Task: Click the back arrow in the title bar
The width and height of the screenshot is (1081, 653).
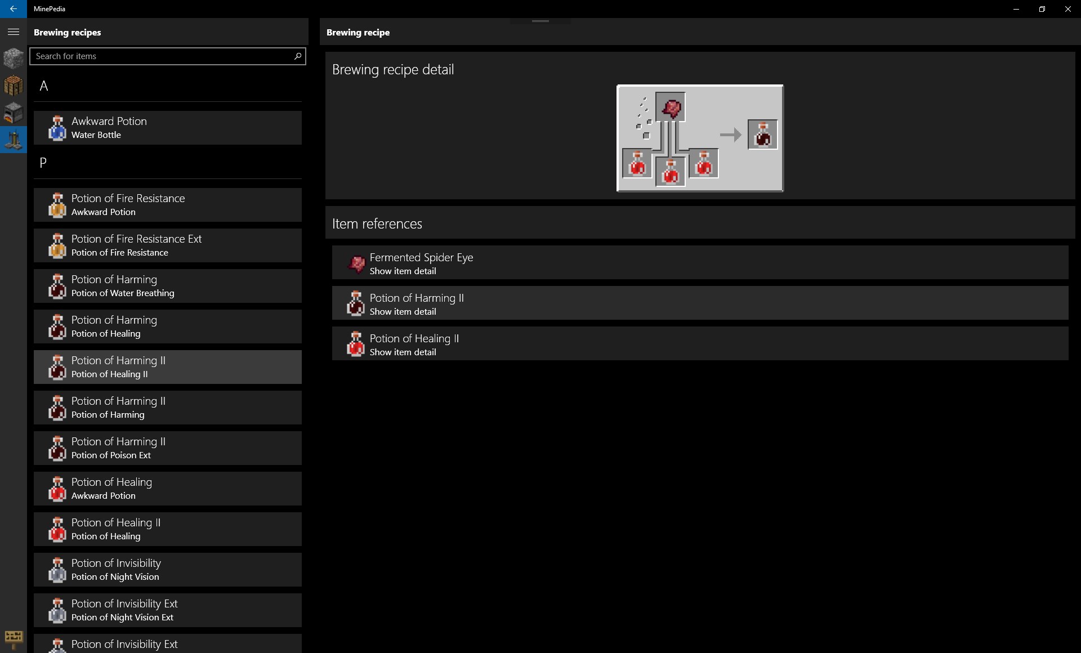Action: (13, 9)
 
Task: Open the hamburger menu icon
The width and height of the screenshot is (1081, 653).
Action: (14, 32)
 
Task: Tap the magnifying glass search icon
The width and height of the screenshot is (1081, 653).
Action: (298, 56)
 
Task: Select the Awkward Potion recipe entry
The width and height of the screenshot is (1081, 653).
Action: (168, 128)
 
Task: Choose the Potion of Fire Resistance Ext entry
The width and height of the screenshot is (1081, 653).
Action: (168, 245)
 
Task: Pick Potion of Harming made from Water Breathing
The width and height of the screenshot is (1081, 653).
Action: (168, 286)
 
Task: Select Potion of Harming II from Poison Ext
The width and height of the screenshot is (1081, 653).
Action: (168, 448)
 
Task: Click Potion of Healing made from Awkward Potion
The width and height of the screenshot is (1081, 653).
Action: (168, 489)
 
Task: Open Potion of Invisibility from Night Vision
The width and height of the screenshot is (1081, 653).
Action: (168, 570)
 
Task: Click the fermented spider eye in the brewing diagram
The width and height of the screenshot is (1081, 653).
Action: (671, 107)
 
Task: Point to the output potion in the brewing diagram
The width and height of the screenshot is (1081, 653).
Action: (763, 135)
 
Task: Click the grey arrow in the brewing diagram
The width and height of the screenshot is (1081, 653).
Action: (731, 135)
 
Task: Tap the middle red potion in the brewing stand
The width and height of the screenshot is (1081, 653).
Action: (671, 172)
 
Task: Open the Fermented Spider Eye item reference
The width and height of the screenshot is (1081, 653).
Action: (700, 262)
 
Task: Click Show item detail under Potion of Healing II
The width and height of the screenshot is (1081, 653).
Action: (403, 352)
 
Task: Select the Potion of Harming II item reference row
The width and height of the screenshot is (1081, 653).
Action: (700, 303)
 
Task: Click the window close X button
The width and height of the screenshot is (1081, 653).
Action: (1067, 9)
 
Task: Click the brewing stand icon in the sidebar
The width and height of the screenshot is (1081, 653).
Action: (14, 139)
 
